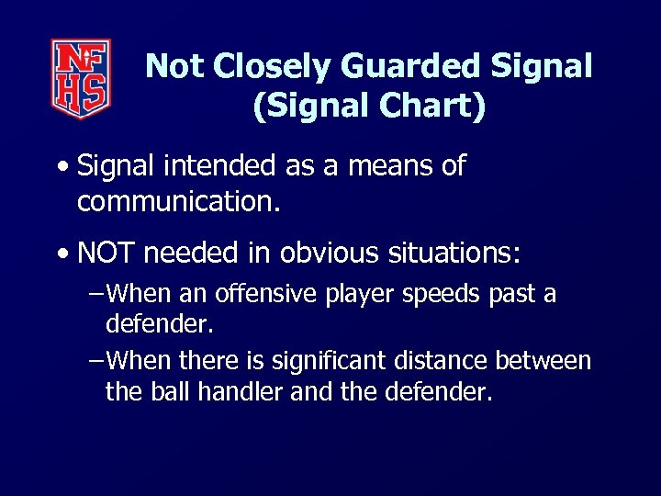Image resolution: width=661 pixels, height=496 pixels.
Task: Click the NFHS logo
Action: pos(81,78)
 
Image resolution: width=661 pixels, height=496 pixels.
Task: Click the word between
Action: pos(547,361)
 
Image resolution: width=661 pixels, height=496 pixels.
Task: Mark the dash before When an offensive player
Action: pos(95,296)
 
